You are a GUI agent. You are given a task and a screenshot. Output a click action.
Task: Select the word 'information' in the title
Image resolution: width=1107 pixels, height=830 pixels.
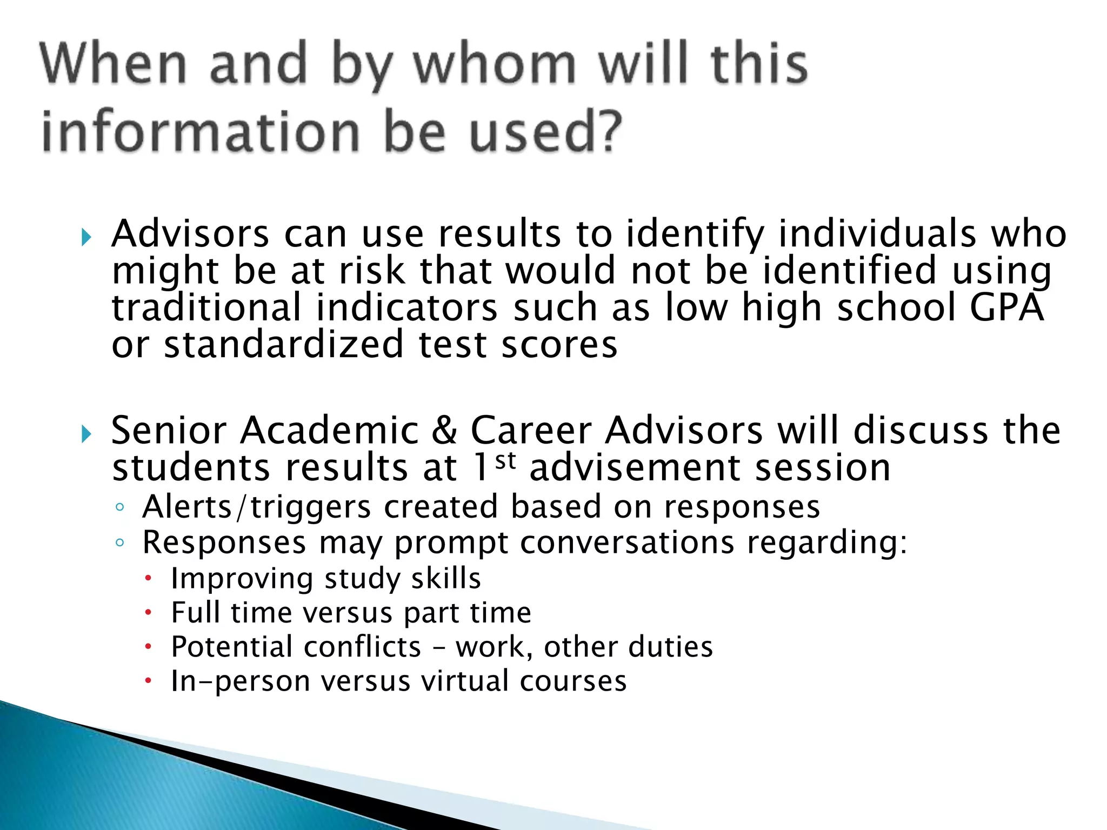[201, 131]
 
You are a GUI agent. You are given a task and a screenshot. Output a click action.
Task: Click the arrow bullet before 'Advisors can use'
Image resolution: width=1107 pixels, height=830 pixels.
[86, 237]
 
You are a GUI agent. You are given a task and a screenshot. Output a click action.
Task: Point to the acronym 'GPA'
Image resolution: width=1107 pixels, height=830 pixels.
[1006, 307]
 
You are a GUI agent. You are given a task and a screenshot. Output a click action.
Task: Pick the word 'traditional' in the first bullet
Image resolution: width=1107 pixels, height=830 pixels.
[206, 307]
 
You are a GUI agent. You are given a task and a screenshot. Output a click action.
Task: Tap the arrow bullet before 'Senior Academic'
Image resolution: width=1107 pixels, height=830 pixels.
[86, 433]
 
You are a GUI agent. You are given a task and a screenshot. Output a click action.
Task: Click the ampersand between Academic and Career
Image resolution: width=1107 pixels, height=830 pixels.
[444, 431]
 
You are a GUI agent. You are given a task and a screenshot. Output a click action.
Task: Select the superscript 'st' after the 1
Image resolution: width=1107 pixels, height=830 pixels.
[505, 461]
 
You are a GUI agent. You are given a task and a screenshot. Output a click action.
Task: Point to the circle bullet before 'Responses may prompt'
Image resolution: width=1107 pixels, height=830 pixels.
[120, 543]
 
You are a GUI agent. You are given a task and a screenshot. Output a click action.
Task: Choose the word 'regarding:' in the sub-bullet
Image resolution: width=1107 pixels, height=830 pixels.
[827, 543]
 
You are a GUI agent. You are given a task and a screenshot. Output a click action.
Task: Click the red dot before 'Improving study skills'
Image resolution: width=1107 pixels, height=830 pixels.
[148, 579]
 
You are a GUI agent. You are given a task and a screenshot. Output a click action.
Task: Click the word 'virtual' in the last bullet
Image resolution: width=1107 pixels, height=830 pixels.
[465, 681]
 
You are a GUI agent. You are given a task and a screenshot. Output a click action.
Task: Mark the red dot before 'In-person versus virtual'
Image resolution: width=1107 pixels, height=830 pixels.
[148, 681]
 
